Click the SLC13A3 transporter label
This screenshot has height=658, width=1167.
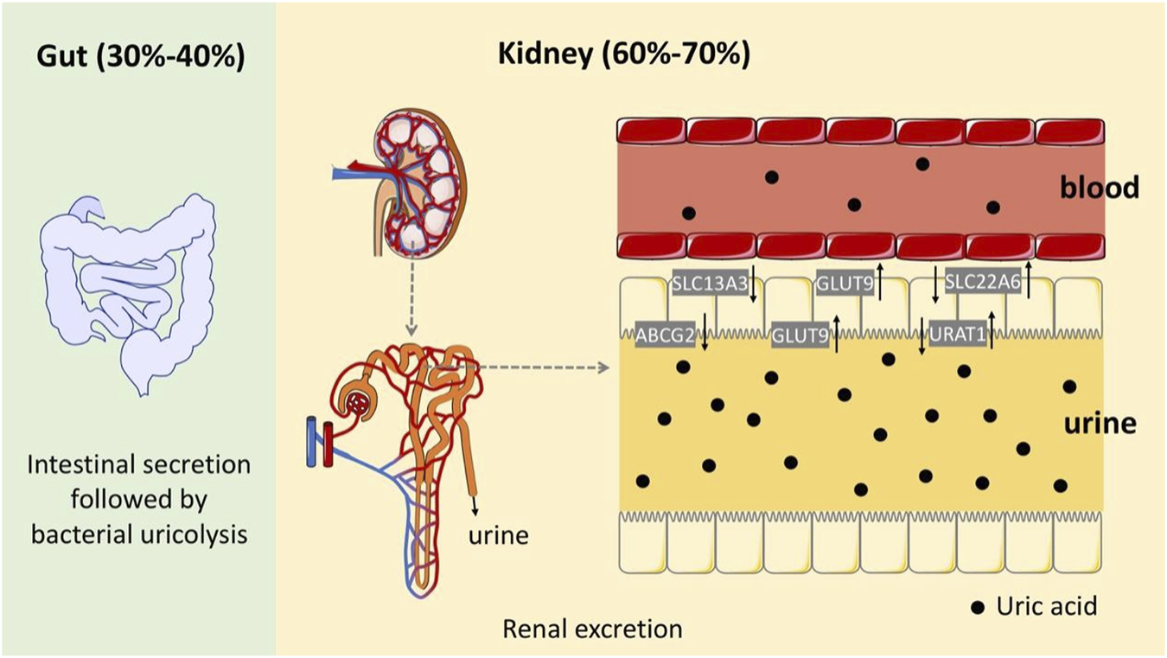(x=709, y=283)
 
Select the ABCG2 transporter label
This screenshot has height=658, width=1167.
(x=665, y=335)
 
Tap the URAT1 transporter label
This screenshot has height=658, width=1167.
(x=956, y=335)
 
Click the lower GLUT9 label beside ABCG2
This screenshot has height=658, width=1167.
(x=798, y=335)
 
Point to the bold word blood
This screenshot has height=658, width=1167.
(x=1100, y=187)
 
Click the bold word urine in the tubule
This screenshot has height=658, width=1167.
(x=1099, y=425)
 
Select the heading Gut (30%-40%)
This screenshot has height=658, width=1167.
(x=140, y=57)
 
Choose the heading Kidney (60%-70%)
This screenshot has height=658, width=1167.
(x=624, y=57)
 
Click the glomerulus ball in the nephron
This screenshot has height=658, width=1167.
(x=359, y=403)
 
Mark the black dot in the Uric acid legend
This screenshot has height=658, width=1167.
(x=978, y=607)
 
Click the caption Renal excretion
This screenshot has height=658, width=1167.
(x=592, y=629)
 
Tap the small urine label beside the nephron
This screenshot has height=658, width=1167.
(x=500, y=535)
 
